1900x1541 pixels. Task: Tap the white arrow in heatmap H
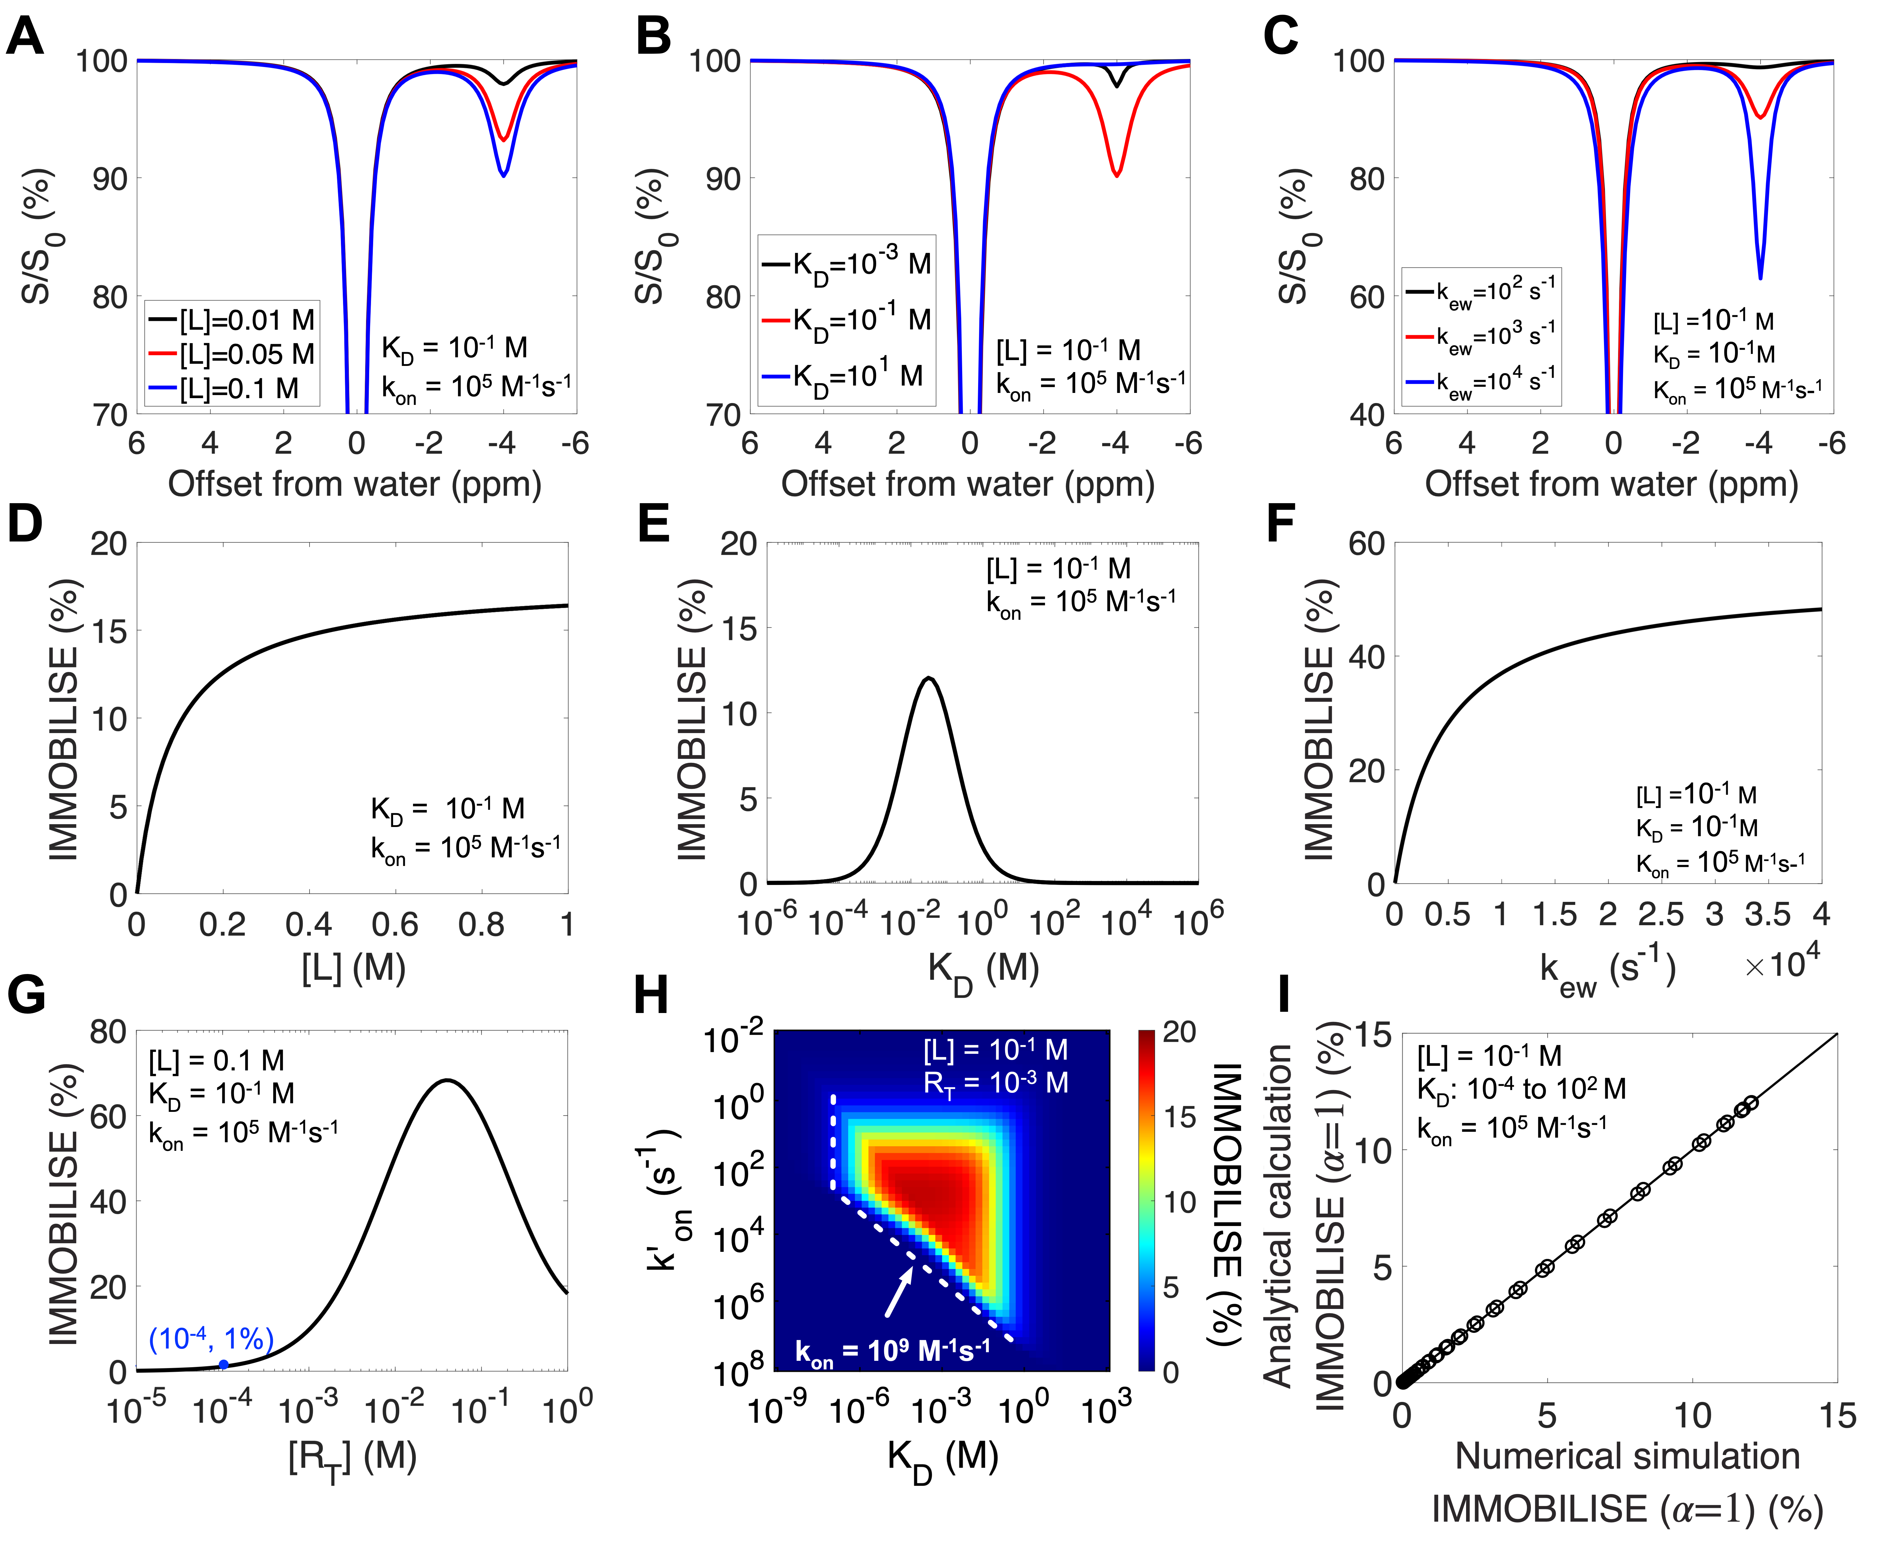899,1291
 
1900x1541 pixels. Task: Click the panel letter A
25,37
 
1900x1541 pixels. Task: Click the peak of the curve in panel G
447,1080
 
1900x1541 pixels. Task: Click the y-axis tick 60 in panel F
1366,543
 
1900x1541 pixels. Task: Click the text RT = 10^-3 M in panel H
995,1083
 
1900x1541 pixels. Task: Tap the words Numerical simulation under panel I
1627,1457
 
